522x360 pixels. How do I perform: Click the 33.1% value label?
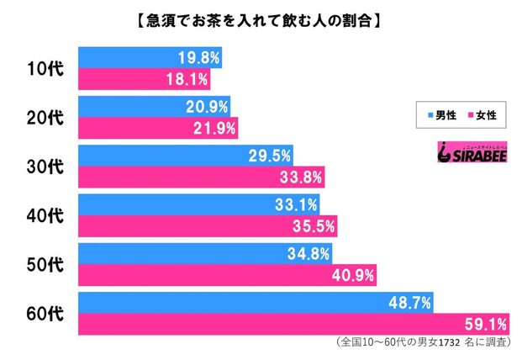click(x=294, y=204)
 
